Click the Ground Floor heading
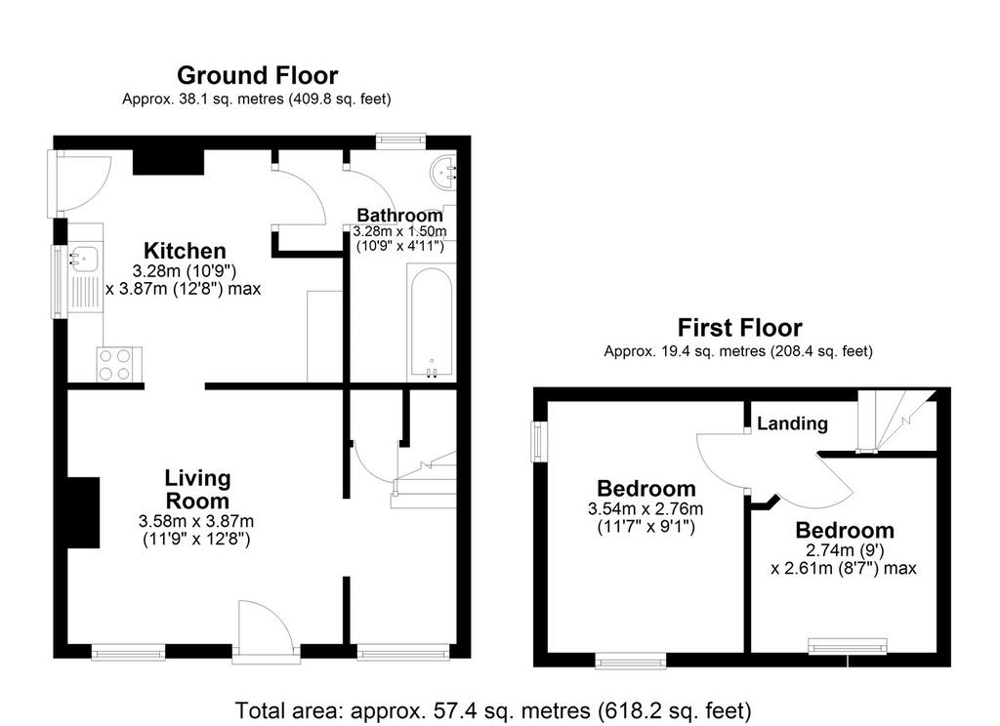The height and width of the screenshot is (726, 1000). (x=257, y=75)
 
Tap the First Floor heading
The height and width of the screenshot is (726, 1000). (x=739, y=328)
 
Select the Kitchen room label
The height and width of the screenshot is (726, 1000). (x=185, y=251)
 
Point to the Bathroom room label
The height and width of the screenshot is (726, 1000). (x=399, y=216)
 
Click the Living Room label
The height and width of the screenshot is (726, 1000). (x=197, y=489)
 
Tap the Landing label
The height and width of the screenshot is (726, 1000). (x=792, y=423)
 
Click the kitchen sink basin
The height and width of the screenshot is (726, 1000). (x=84, y=258)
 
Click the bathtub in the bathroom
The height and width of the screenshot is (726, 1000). (x=432, y=323)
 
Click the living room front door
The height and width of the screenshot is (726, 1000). (x=266, y=626)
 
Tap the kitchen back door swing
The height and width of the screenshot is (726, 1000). (x=83, y=182)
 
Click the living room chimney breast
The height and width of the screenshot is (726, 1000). (x=84, y=512)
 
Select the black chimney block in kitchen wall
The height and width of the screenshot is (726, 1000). (x=168, y=161)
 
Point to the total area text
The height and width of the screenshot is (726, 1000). (x=493, y=710)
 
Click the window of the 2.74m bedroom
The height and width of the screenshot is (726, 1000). (x=848, y=646)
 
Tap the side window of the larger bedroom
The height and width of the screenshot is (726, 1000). (x=539, y=442)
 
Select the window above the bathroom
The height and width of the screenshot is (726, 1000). (x=400, y=141)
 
